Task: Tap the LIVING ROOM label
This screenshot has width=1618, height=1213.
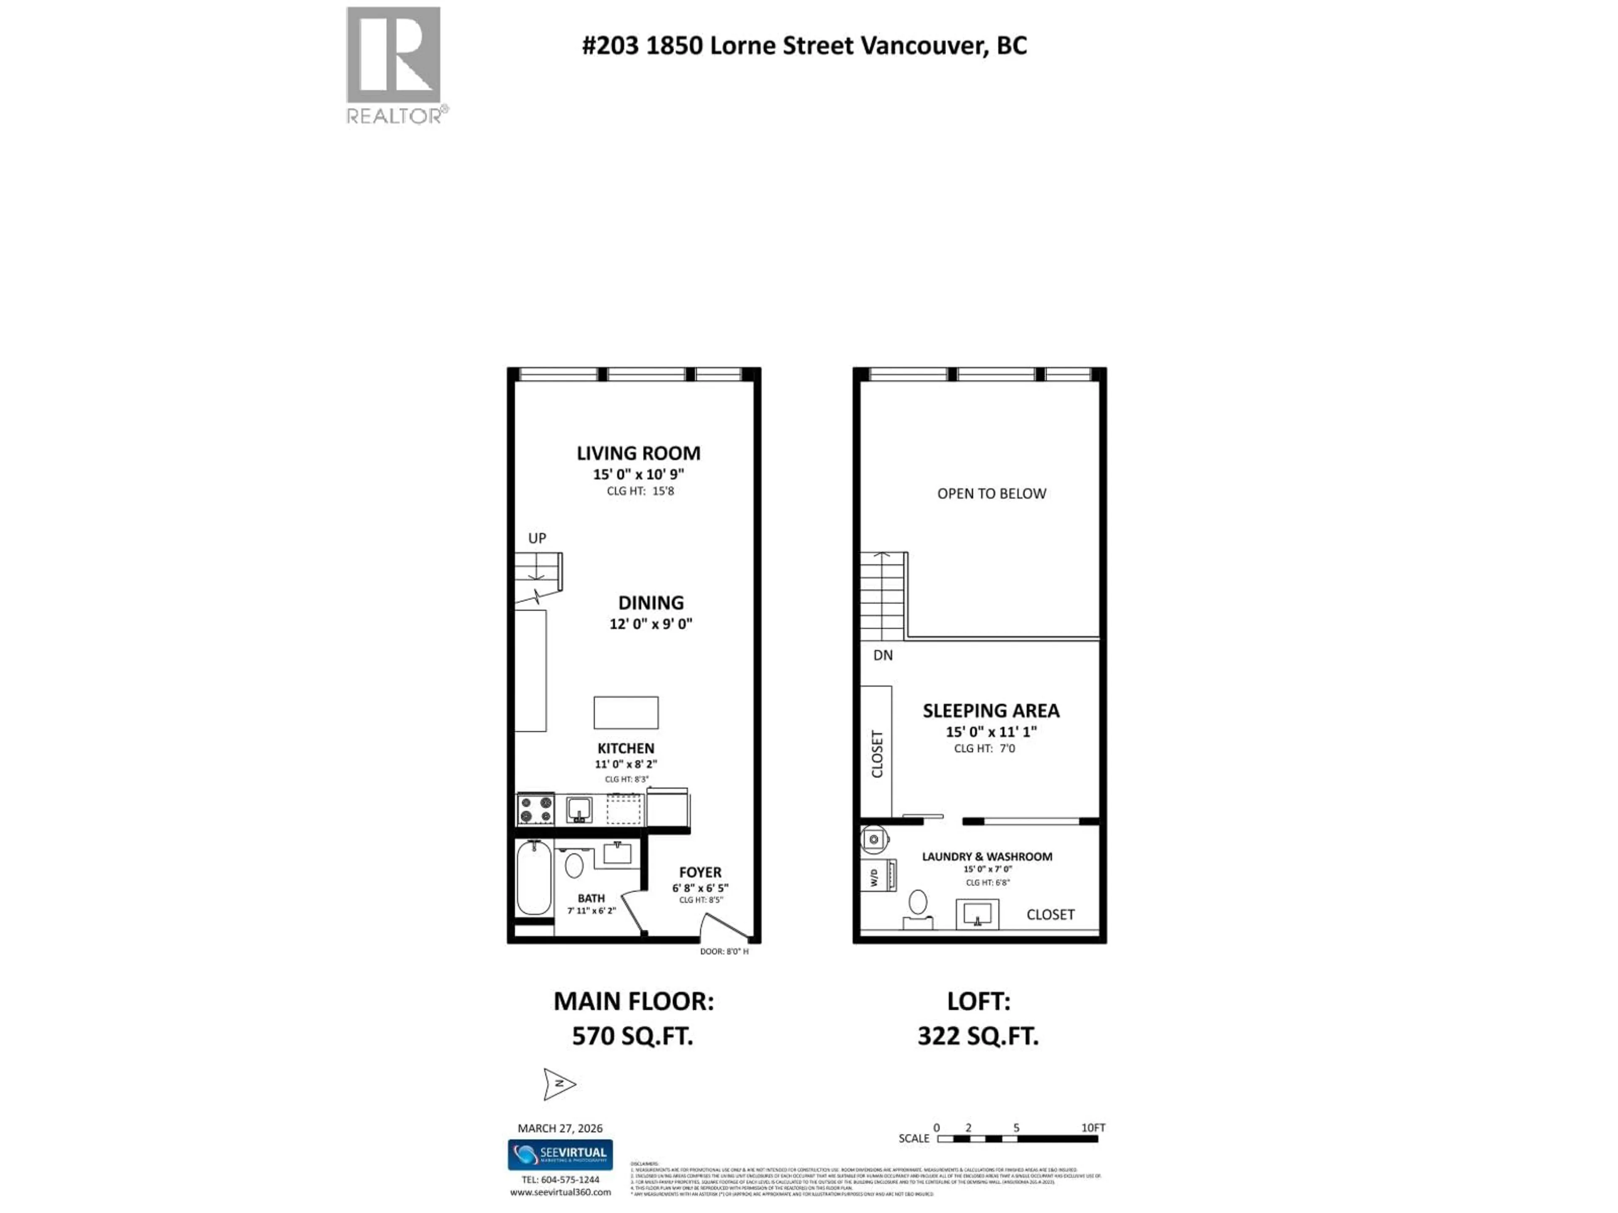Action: coord(638,453)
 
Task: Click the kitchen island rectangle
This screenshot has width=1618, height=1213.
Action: coord(625,712)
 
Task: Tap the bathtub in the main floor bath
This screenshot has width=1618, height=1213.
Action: coord(533,877)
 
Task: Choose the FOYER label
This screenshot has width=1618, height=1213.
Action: coord(699,872)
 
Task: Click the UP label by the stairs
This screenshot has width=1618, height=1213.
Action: coord(537,538)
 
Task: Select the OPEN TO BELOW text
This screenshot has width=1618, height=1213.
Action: coord(991,494)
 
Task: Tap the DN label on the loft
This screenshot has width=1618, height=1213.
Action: coord(882,655)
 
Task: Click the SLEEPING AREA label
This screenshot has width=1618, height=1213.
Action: coord(991,710)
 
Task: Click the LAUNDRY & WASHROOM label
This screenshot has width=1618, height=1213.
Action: coord(987,856)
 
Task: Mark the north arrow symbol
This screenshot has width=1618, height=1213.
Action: coord(559,1084)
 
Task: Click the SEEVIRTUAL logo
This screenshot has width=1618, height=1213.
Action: coord(560,1154)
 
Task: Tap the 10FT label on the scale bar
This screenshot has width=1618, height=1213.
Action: coord(1093,1128)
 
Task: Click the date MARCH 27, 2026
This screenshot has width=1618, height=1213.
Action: coord(560,1128)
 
